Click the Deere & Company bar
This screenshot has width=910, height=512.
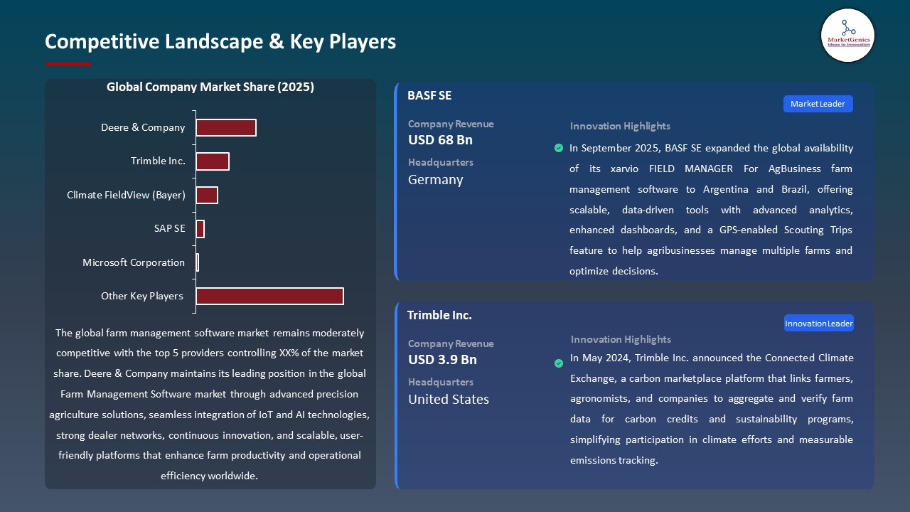226,128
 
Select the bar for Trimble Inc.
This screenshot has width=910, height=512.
213,161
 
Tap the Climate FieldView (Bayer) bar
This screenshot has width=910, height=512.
207,195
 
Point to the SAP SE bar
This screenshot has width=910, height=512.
200,229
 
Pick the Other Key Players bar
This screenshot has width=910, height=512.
269,296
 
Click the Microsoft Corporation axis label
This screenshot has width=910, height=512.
134,262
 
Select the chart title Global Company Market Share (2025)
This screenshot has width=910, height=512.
210,87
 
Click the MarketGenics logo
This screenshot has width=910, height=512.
847,35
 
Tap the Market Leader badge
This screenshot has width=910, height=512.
818,104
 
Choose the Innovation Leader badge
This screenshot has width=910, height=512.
818,324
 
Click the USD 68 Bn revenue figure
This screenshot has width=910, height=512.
440,140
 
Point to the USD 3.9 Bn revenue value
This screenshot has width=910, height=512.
442,360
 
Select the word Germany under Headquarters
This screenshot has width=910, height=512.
435,180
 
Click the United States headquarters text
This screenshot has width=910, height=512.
449,400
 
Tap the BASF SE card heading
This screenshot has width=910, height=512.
429,95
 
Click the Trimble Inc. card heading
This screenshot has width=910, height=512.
439,315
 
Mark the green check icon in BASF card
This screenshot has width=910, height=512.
559,148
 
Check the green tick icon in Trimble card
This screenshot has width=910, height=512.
559,363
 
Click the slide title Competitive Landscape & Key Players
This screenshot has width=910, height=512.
220,41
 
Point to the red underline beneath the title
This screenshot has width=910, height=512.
68,64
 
